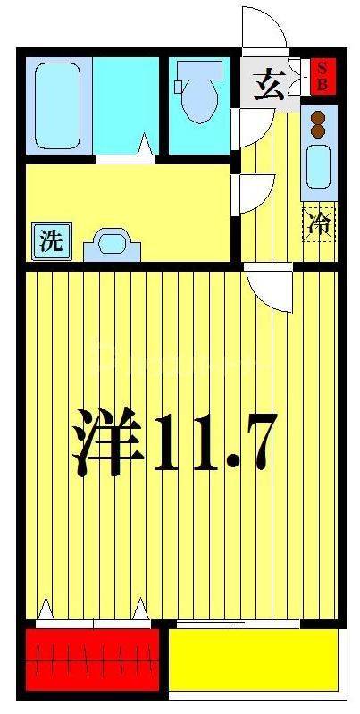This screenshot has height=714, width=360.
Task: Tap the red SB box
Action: point(322,76)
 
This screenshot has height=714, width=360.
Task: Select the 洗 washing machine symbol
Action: point(52,240)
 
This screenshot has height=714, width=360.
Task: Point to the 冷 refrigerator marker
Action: point(318,223)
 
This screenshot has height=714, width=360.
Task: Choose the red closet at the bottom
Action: point(92,660)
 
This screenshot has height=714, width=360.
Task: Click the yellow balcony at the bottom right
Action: point(253,659)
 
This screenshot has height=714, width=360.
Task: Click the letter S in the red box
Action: point(322,68)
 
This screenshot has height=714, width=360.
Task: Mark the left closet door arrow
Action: point(45,609)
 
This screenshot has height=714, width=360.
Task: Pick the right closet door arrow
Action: point(140,609)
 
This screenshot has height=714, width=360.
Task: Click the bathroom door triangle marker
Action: point(146,143)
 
